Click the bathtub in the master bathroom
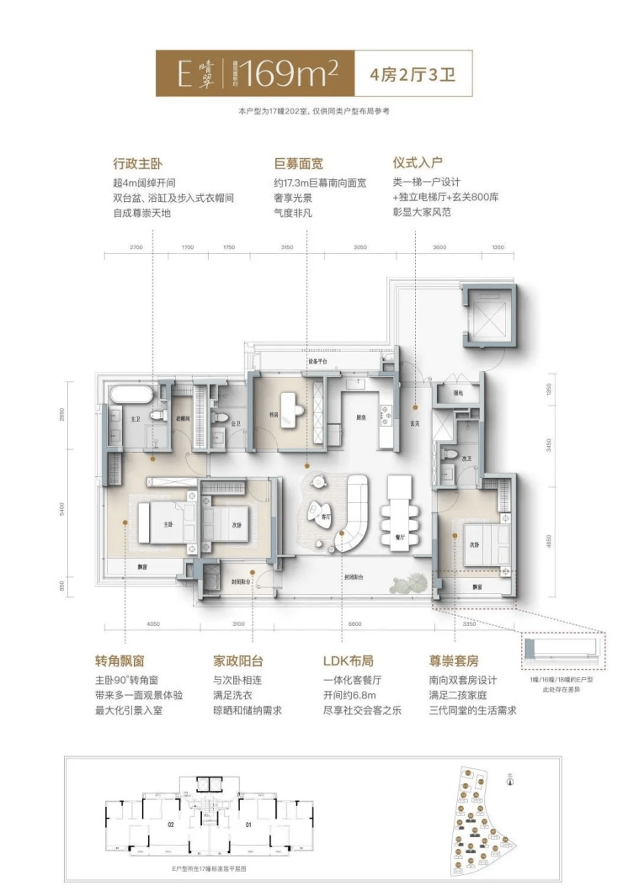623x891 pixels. (x=130, y=393)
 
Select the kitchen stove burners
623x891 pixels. (x=386, y=413)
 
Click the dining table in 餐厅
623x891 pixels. (x=398, y=508)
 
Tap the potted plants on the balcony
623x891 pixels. (x=409, y=580)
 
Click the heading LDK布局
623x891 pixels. (x=346, y=662)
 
